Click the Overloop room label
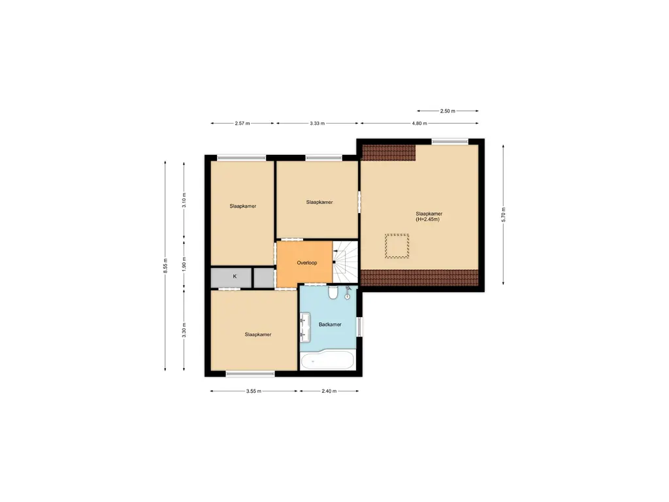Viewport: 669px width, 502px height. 306,263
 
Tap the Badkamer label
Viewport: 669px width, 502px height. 329,324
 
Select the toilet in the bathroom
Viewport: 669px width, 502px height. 333,292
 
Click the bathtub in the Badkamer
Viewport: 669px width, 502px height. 327,360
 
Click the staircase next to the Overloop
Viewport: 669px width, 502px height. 346,261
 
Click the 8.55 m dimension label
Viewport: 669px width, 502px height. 165,267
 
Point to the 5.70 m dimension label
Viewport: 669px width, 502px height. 503,214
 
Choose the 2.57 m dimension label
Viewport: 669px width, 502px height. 243,123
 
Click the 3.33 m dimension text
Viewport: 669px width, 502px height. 317,123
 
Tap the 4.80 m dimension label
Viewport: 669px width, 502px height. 419,123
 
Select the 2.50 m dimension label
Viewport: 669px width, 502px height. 448,111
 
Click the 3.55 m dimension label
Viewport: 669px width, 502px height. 253,391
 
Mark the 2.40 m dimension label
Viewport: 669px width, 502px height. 329,391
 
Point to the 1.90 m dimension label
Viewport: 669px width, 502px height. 184,267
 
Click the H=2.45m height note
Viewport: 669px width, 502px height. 428,220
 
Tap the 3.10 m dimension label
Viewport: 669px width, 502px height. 184,200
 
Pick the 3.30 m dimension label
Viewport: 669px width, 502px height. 184,331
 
